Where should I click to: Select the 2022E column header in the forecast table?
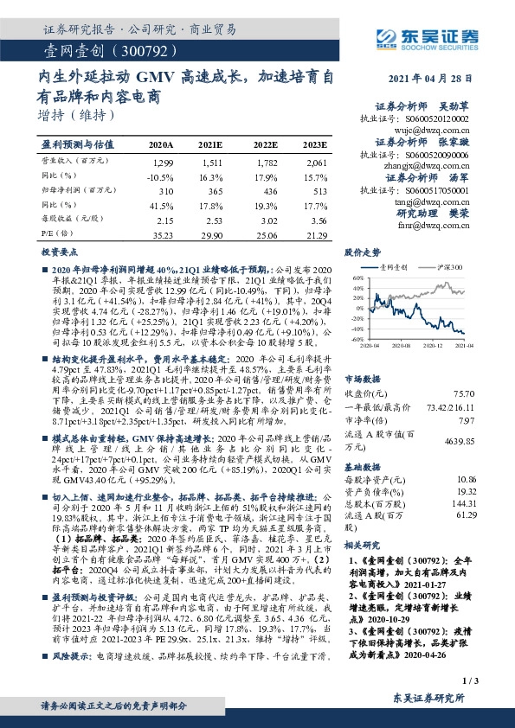click(266, 144)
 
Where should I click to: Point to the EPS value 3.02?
click(266, 220)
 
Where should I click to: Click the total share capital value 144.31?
click(467, 502)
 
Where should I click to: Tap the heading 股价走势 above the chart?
click(363, 253)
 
